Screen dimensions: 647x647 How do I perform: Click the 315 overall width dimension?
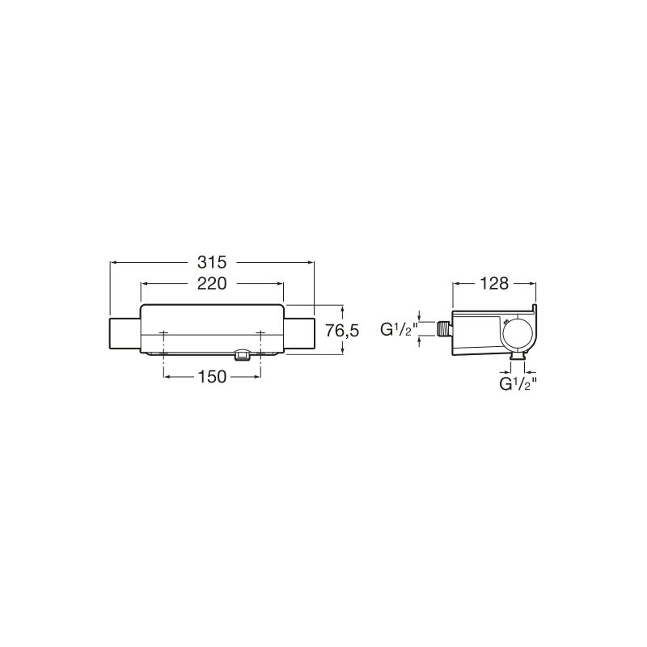click(x=212, y=262)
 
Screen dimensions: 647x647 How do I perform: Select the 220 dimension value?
click(x=212, y=284)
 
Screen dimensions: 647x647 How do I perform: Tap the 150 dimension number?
click(x=212, y=377)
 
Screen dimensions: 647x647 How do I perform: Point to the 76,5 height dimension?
click(x=342, y=331)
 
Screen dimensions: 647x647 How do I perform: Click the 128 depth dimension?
click(x=494, y=284)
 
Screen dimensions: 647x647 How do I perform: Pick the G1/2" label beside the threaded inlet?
click(x=399, y=330)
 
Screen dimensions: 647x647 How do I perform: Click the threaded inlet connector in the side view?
click(x=444, y=329)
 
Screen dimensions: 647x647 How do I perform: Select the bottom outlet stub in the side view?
click(x=518, y=356)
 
